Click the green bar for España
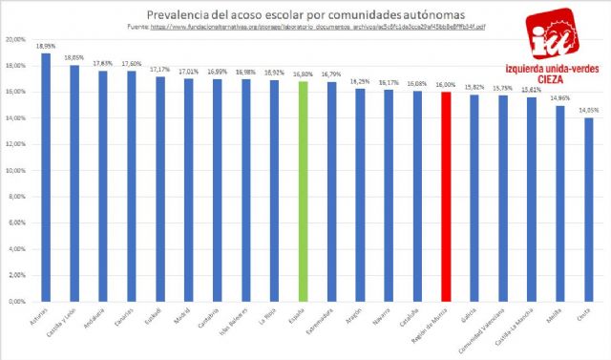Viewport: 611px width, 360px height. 303,191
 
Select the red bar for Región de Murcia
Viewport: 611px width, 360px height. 446,196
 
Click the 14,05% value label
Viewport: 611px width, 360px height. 589,109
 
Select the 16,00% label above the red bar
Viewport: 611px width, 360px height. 446,84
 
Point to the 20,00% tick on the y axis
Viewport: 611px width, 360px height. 15,40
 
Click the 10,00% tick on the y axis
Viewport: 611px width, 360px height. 15,171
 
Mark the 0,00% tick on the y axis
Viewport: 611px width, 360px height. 16,302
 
